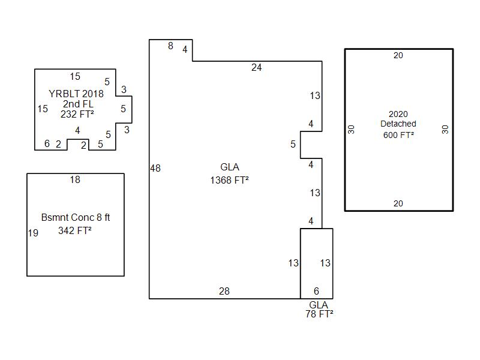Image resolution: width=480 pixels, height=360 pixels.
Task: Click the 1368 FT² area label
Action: pos(229,180)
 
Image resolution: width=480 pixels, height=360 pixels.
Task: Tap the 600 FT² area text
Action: pos(398,135)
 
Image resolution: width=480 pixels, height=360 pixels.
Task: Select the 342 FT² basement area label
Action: pos(75,230)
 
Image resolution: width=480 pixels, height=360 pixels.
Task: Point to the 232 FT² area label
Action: pos(77,115)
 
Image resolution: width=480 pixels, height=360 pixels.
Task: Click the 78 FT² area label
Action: pos(319,314)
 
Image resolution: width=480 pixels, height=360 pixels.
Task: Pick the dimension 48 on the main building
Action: pos(155,169)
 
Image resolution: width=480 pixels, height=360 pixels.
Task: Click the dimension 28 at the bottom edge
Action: pos(224,292)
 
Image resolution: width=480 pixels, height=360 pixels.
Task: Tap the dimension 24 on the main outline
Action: pos(256,68)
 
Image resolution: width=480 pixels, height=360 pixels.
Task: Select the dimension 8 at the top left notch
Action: pos(170,46)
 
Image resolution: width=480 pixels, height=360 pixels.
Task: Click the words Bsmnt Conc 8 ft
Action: pos(76,217)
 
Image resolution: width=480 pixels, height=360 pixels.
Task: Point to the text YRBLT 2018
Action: pos(76,94)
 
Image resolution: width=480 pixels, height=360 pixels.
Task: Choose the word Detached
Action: pos(398,124)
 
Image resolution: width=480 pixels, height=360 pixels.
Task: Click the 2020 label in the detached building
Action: pos(398,114)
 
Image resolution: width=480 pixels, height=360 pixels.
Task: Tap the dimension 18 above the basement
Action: pos(75,180)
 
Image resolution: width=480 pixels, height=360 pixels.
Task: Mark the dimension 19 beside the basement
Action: pos(34,233)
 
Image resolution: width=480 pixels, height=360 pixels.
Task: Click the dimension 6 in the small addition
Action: pos(316,292)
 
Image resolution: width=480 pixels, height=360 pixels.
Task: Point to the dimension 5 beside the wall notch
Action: pos(293,145)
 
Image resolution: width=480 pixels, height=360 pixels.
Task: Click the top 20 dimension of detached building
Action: pos(398,56)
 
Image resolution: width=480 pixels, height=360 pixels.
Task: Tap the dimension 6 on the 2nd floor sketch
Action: pos(47,144)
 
